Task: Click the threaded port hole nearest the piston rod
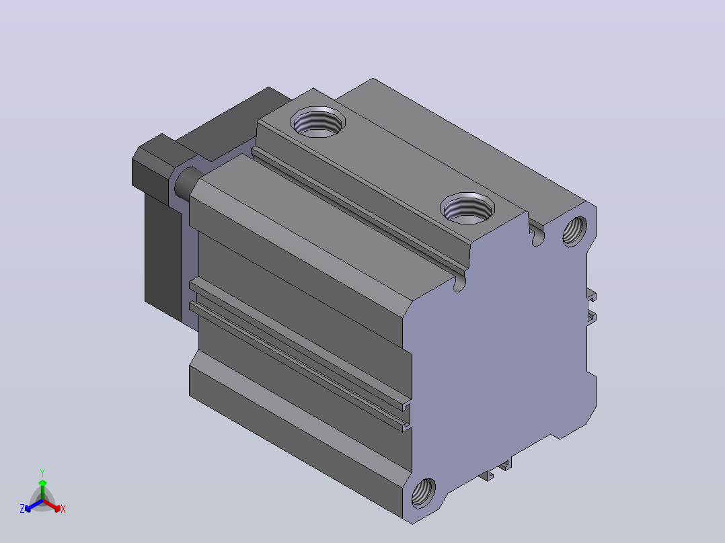318,122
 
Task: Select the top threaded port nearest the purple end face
467,208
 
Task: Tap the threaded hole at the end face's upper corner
575,231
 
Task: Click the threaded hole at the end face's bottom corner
423,492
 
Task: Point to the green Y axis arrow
42,489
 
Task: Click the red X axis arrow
52,505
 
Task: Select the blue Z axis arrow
34,505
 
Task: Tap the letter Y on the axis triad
42,473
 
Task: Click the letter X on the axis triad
63,509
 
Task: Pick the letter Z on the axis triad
22,509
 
